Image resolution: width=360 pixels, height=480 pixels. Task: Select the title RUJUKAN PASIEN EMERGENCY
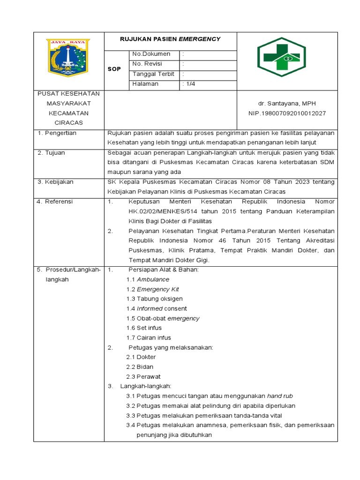coord(170,39)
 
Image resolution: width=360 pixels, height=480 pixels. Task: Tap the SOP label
coord(114,69)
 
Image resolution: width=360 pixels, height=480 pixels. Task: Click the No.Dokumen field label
coord(151,54)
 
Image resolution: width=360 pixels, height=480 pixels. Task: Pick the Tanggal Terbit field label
coord(153,74)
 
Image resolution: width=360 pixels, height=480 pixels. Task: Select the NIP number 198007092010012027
coord(287,113)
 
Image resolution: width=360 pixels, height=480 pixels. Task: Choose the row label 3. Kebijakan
coord(55,182)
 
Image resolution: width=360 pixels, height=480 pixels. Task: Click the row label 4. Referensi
coord(55,202)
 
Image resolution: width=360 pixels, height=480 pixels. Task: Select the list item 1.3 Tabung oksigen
coord(154,299)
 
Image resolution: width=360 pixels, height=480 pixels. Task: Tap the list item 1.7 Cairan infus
coord(149,338)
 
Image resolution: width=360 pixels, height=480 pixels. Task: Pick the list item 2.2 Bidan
coord(140,367)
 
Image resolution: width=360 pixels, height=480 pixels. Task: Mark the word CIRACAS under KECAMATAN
coord(68,123)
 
